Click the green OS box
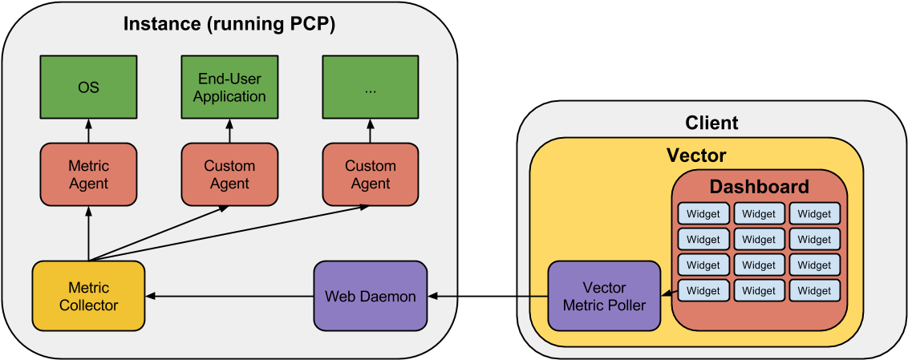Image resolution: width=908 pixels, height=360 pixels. click(x=88, y=87)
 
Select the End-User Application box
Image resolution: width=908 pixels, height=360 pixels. click(x=229, y=87)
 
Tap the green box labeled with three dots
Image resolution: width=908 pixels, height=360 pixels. click(x=370, y=87)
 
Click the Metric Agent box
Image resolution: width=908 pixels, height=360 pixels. click(x=88, y=175)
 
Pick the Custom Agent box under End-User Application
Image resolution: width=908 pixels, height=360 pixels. click(x=229, y=175)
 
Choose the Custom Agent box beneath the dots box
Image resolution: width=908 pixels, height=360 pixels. click(x=370, y=175)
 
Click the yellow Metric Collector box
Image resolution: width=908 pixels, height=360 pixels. click(x=88, y=296)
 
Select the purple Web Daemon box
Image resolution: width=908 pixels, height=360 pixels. click(x=370, y=296)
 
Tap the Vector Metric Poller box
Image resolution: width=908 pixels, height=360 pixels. click(x=605, y=296)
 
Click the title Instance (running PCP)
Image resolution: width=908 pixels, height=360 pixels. click(x=229, y=24)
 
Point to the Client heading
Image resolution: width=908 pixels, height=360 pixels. click(x=711, y=123)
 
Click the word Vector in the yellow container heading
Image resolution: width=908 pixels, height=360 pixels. click(x=696, y=156)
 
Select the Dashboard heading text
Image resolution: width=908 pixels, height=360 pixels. click(x=759, y=188)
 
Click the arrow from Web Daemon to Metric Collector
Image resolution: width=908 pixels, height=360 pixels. click(x=229, y=297)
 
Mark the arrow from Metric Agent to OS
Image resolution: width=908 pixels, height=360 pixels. click(x=88, y=131)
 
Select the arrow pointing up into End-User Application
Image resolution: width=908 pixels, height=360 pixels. click(x=229, y=131)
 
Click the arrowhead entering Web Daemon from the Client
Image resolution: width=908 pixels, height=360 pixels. click(x=434, y=297)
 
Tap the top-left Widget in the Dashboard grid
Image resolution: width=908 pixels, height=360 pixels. click(x=703, y=214)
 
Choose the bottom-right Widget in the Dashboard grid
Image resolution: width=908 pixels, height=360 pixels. click(x=814, y=289)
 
